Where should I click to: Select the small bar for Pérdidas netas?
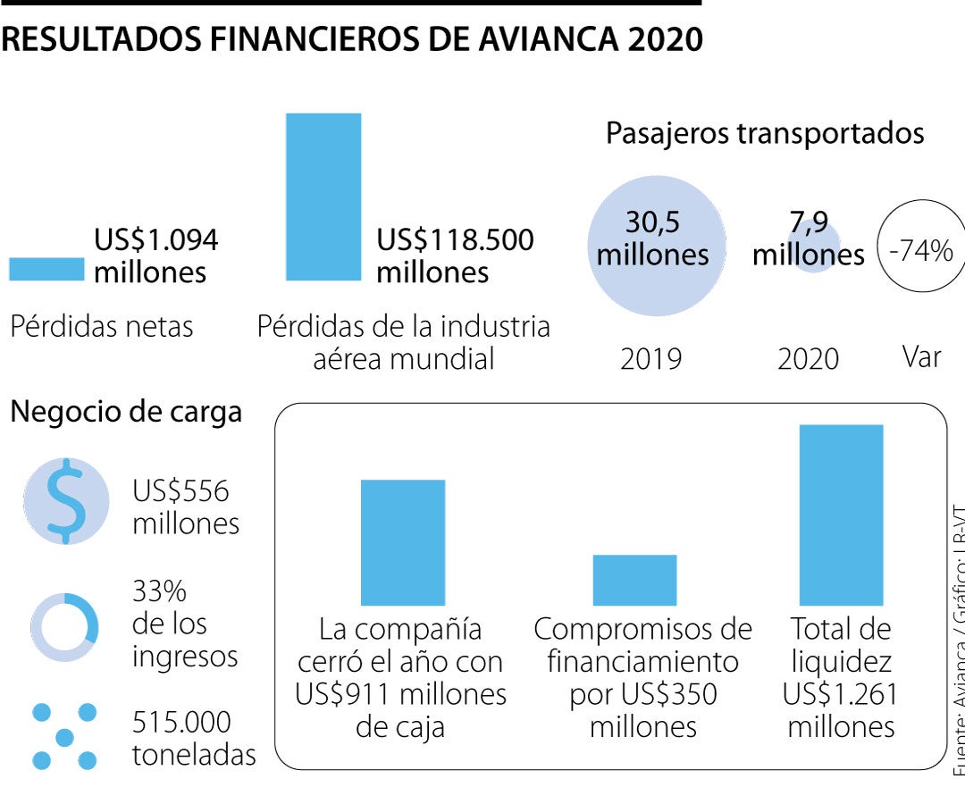click(46, 269)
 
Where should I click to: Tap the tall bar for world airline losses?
click(323, 197)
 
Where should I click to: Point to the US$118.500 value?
click(455, 240)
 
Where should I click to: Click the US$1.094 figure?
click(156, 240)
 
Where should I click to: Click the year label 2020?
click(808, 359)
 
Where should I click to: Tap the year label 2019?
click(650, 359)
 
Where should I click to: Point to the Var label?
click(921, 357)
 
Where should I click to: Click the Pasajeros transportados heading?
click(765, 133)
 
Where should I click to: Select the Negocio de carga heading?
click(126, 412)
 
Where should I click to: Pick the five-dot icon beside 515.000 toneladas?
click(64, 737)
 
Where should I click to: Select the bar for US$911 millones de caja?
click(402, 542)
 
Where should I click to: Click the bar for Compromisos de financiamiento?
click(634, 580)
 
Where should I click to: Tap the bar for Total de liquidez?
click(841, 515)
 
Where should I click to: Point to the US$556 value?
click(180, 491)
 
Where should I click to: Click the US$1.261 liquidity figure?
click(840, 694)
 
